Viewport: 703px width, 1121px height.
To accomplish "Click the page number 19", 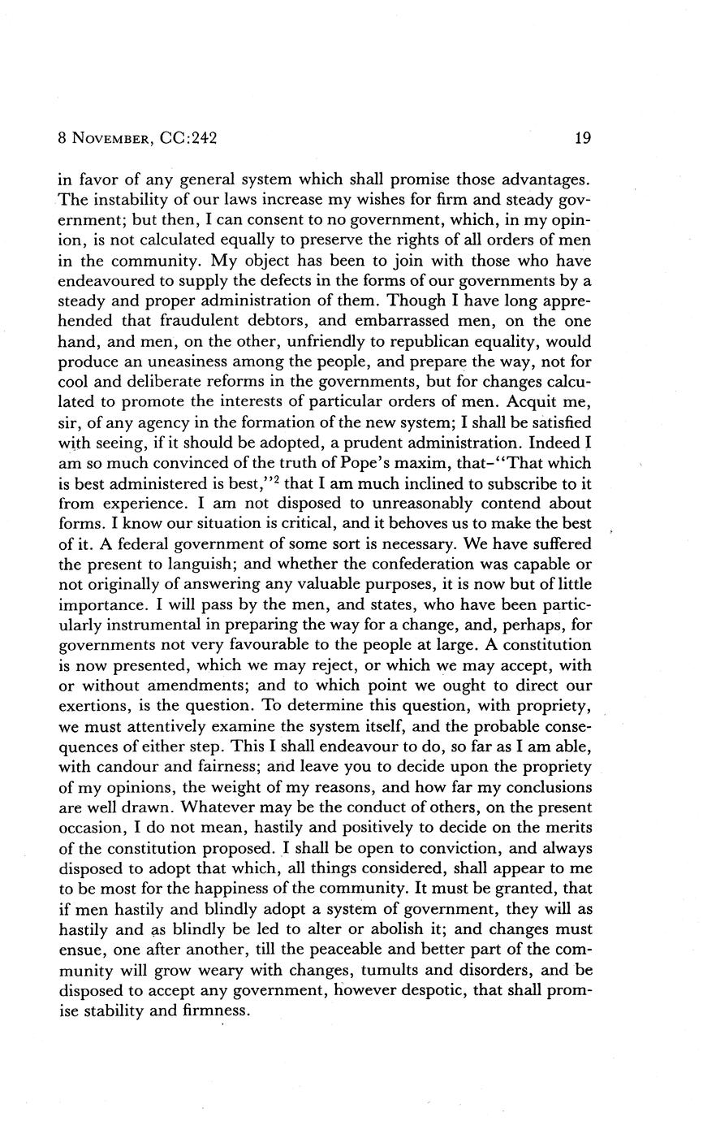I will click(583, 138).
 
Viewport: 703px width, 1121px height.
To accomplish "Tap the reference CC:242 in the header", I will click(187, 138).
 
